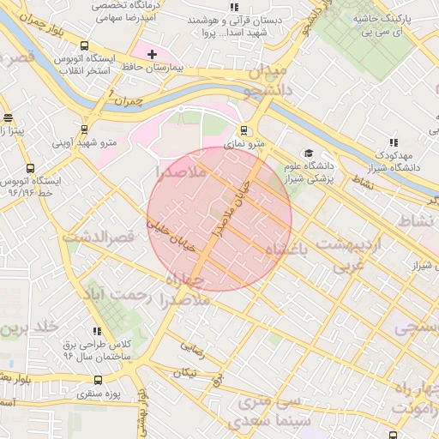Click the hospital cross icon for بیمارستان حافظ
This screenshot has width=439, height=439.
tap(152, 54)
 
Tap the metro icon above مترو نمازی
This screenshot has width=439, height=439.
tap(244, 131)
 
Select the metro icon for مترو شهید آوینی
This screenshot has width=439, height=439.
tap(84, 129)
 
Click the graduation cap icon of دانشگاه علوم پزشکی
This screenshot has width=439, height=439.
tap(308, 153)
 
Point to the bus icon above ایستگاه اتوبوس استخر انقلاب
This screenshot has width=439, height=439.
tap(83, 46)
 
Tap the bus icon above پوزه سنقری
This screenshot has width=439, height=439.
tap(98, 380)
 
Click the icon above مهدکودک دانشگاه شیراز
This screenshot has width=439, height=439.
tap(394, 142)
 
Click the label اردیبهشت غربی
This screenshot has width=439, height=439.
tap(350, 255)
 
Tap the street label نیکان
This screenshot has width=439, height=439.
tap(183, 373)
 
